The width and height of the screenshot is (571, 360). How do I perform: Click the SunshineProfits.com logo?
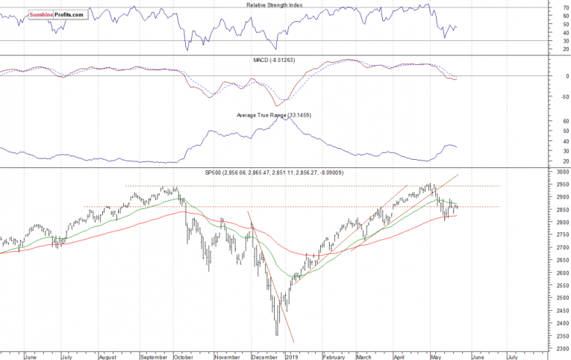[56, 14]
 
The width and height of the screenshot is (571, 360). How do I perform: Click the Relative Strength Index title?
[275, 5]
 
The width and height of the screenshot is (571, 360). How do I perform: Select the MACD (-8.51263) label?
[275, 60]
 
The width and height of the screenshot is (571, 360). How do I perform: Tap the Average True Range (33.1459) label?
[273, 114]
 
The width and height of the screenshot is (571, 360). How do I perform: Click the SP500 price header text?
[273, 173]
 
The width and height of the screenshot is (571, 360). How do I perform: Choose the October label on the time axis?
[183, 357]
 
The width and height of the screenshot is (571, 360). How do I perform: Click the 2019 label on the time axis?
[292, 357]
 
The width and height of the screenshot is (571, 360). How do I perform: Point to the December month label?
[264, 357]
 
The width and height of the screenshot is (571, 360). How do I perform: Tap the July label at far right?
[512, 357]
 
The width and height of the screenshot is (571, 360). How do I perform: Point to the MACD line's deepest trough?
[278, 104]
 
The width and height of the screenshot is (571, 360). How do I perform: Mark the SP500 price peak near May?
[430, 184]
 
